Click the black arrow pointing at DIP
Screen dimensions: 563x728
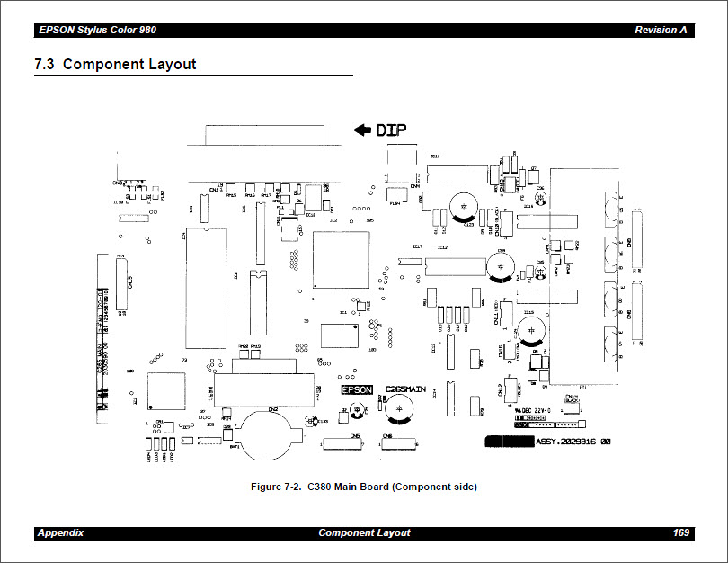point(362,130)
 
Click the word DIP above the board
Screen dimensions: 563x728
point(392,130)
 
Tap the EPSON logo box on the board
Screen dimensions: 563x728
point(357,390)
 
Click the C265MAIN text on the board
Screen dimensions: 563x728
point(405,389)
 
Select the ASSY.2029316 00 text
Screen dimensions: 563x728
point(573,442)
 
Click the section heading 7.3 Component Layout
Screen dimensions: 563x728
point(115,65)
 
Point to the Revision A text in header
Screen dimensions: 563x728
point(661,30)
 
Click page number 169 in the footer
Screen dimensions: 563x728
point(680,532)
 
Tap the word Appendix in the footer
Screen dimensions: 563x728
point(60,532)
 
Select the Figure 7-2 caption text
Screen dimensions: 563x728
point(364,487)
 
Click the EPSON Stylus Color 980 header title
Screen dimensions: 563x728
point(97,30)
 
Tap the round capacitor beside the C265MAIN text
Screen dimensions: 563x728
point(397,407)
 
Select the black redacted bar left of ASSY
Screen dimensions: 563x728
point(509,442)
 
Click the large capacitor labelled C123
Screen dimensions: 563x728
point(464,205)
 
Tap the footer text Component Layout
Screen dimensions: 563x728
point(364,532)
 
